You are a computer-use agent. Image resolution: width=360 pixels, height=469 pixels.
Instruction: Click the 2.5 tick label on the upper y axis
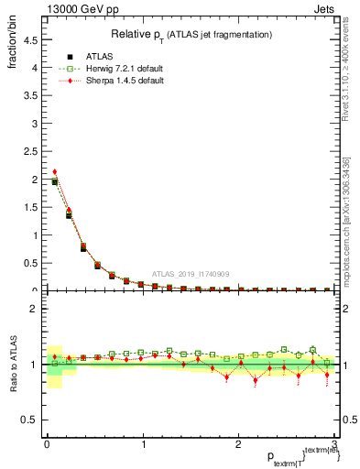pos(30,151)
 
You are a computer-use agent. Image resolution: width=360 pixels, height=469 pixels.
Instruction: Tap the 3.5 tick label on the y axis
pos(30,95)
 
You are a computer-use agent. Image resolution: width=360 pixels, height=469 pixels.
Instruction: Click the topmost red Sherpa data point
pos(55,171)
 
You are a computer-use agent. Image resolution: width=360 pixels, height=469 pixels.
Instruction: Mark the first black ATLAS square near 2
pos(55,182)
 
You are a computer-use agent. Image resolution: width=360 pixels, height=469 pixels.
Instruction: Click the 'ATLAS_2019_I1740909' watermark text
pos(191,275)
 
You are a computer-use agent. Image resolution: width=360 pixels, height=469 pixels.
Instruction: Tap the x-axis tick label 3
pos(336,443)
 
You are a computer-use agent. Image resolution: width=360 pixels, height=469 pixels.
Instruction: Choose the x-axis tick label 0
pos(46,443)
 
